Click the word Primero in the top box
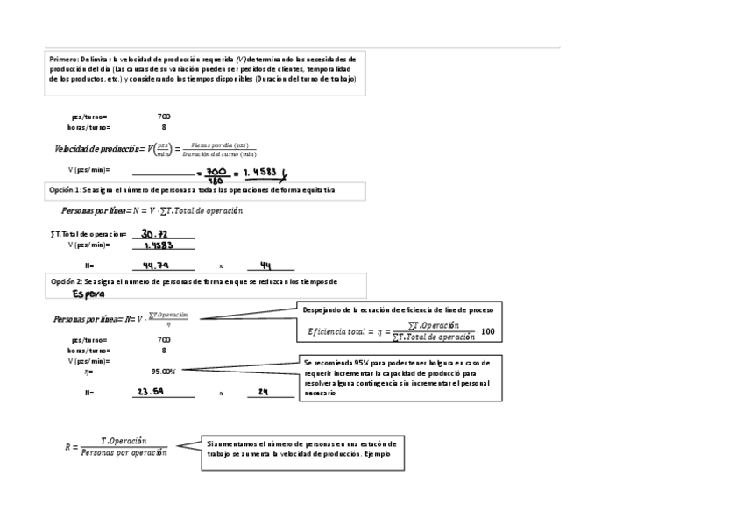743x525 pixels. tap(63, 58)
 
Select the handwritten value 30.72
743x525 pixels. tap(154, 234)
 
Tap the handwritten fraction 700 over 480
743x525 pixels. tap(216, 174)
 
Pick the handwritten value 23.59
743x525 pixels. tap(151, 392)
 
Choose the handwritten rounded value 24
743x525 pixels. tap(263, 392)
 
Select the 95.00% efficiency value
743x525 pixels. tap(163, 371)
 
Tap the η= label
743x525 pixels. tap(88, 371)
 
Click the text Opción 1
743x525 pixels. tap(66, 189)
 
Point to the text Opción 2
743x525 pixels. tap(66, 280)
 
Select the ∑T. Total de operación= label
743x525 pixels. tap(88, 234)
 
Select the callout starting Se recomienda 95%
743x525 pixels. tap(401, 378)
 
